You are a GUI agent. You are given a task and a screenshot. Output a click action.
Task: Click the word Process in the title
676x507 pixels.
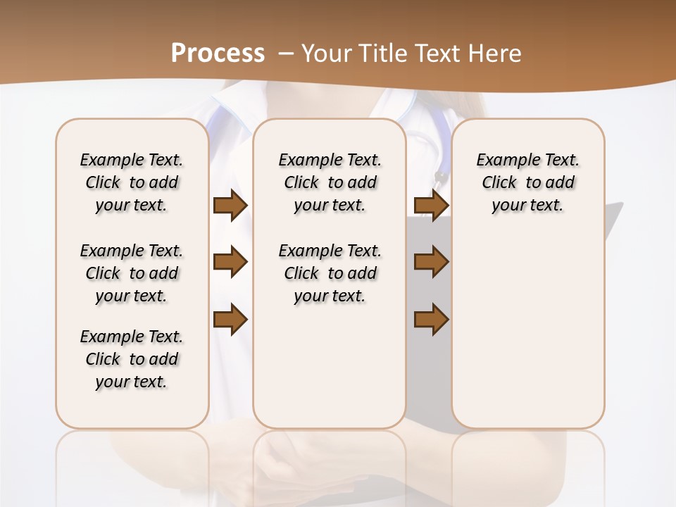(218, 53)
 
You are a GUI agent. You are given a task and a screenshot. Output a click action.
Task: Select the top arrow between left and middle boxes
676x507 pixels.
(230, 205)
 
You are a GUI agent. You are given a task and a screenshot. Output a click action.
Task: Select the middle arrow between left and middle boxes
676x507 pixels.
(230, 262)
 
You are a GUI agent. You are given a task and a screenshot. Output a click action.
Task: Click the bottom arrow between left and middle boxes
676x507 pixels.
(230, 319)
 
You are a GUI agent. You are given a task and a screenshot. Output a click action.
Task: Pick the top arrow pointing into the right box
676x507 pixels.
(431, 205)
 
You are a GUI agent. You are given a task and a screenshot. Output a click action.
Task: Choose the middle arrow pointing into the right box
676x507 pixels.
(431, 262)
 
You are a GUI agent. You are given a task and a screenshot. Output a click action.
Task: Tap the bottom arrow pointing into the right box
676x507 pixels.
(431, 319)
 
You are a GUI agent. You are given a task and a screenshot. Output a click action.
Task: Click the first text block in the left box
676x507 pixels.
(132, 182)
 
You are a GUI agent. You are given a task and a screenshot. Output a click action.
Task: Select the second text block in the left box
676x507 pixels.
(132, 273)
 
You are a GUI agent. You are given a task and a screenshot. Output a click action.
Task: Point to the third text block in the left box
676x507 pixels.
(132, 359)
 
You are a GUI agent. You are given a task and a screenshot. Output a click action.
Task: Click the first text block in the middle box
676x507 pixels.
(330, 182)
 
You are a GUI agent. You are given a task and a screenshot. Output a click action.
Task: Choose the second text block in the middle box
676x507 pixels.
(330, 273)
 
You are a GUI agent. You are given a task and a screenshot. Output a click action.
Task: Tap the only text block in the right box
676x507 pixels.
(527, 182)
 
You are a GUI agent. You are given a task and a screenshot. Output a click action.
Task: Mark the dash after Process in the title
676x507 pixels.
(286, 53)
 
